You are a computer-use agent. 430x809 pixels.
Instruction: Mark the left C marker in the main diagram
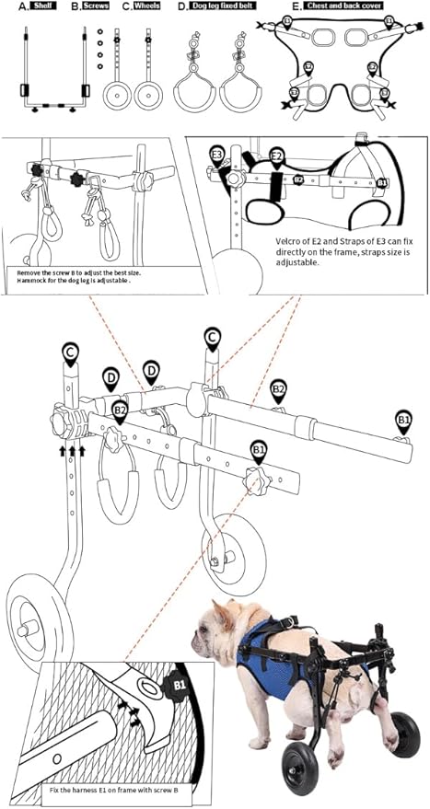point(70,352)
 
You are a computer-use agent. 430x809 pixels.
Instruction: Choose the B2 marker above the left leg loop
point(120,409)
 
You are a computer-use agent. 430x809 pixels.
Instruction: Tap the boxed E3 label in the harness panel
point(217,154)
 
